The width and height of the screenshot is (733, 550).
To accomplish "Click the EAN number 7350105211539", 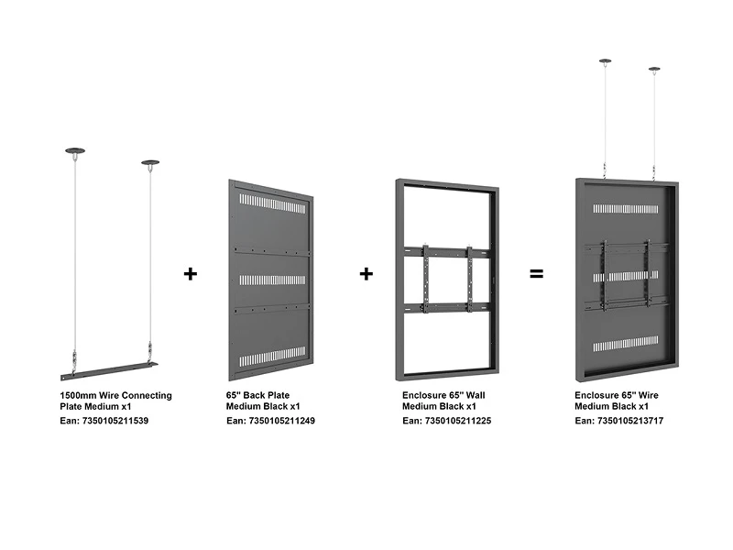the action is coord(115,421).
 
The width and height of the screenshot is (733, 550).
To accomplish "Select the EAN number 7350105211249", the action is coord(282,421).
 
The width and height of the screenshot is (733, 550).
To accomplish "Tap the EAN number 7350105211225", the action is coord(458,421).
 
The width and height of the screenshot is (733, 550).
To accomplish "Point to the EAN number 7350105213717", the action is coord(630,421).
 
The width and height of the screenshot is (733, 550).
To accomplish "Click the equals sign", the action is coord(536,273).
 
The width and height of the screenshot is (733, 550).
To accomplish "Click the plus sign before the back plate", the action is coord(191,273).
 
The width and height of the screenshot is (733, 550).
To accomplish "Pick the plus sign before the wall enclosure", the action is coord(366,273).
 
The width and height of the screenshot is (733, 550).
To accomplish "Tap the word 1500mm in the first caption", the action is coord(78,395).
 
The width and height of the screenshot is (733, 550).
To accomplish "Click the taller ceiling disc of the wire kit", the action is coord(75,150).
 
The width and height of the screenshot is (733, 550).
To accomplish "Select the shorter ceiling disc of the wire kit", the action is coord(150,163).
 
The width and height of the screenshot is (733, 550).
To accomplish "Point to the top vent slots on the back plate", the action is coord(272,203).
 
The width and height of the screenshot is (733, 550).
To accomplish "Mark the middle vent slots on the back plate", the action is coord(272,280).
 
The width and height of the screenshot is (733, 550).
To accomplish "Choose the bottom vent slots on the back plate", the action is coord(272,357).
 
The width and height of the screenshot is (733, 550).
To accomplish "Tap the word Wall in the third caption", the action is coord(475,395).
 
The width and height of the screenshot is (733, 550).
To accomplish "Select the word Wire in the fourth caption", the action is coord(648,395).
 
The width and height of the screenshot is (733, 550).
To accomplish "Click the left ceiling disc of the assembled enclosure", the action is coord(605,60).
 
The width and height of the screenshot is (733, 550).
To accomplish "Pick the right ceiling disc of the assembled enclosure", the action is coord(654,70).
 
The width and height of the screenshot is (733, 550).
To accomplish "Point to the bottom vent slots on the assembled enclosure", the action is coord(626,345).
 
